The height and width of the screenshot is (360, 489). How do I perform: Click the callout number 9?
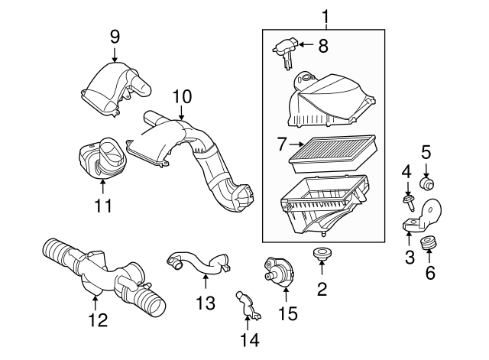[x=115, y=37]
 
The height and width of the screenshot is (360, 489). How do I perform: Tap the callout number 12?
[x=98, y=319]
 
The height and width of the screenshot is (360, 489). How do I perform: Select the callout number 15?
[x=287, y=313]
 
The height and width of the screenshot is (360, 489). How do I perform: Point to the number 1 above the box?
[x=325, y=17]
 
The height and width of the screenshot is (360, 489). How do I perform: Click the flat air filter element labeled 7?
[x=333, y=154]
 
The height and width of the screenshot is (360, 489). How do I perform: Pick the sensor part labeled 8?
[x=285, y=52]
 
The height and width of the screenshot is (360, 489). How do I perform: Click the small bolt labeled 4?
[x=408, y=202]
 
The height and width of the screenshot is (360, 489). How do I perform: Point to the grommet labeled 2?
[x=322, y=253]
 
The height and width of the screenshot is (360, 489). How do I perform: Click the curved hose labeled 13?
[x=199, y=265]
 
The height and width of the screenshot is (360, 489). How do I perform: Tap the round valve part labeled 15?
[x=279, y=271]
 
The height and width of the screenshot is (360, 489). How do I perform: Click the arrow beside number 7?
[x=296, y=144]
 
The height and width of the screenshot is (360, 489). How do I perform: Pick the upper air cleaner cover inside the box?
[x=332, y=100]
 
